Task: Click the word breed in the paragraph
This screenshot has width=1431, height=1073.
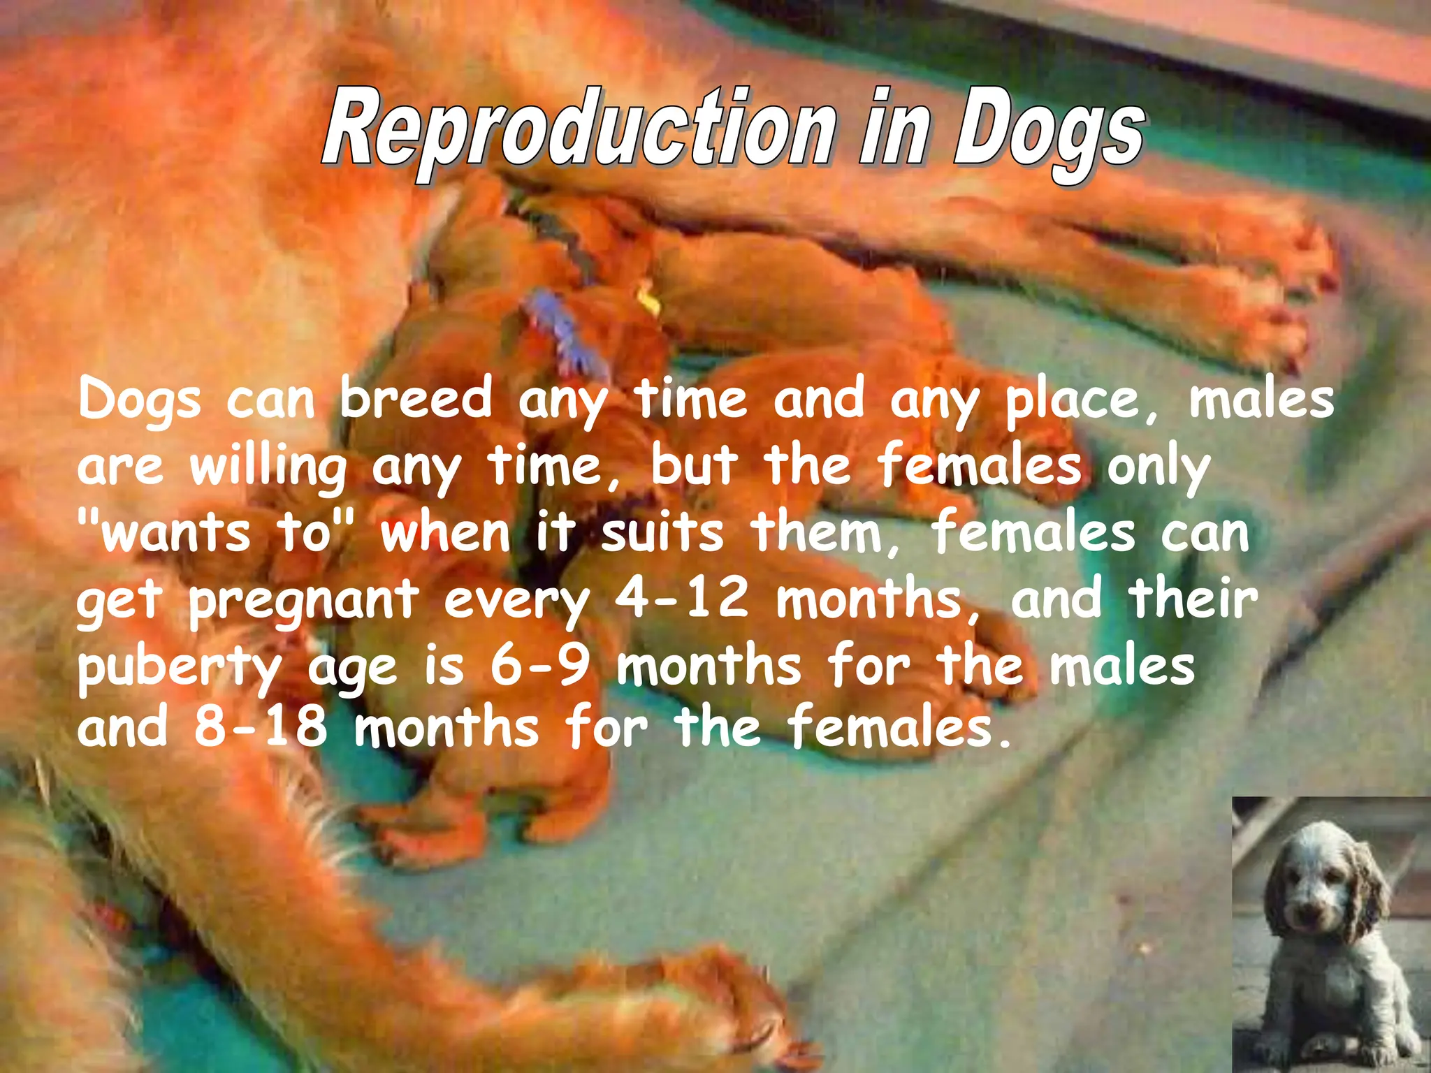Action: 416,399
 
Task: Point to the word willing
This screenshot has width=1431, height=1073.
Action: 268,467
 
